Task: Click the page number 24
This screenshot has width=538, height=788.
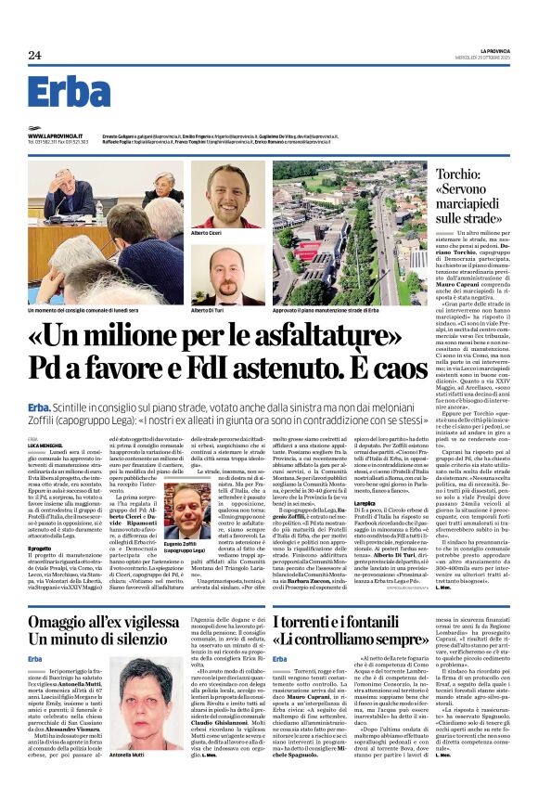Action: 34,56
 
